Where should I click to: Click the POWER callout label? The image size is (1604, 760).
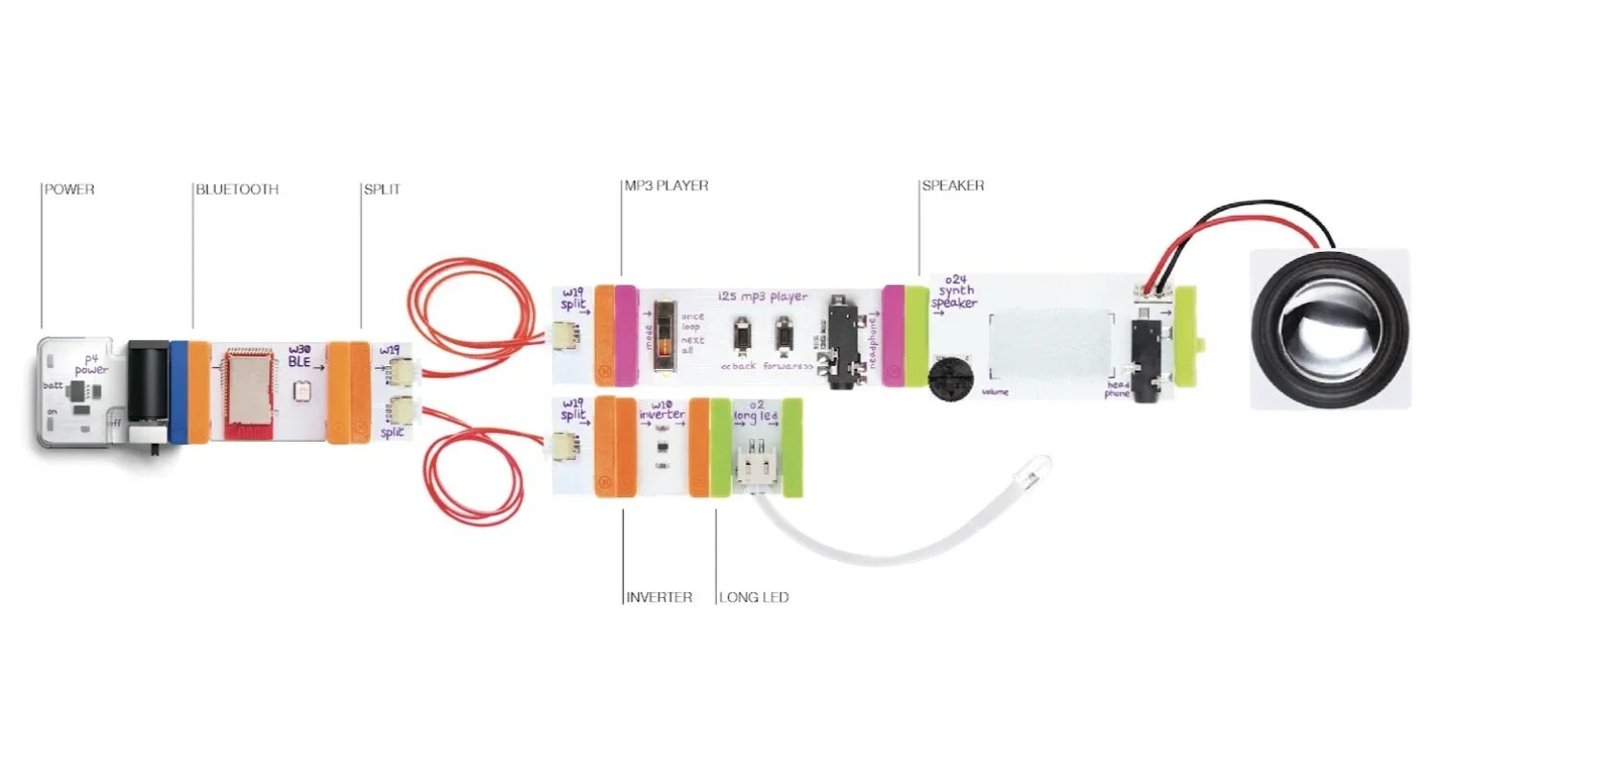pos(69,190)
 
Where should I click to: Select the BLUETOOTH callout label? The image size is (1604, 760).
pos(237,190)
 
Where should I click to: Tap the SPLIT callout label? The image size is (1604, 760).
pos(381,190)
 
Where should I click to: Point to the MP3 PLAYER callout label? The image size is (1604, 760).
pos(666,186)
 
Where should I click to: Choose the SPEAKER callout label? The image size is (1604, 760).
pos(952,186)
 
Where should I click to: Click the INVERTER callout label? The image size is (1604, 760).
pos(659,597)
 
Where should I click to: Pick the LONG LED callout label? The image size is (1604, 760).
pos(754,597)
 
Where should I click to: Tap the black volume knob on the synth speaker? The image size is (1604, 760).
pos(951,376)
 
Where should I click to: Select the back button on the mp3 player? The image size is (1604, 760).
pos(741,336)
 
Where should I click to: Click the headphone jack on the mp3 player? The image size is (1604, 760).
pos(843,340)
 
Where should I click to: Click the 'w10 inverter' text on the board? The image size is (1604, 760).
pos(662,410)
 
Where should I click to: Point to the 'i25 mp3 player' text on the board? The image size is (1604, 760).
pos(763,296)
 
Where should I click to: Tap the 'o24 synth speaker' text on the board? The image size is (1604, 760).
pos(954,291)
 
